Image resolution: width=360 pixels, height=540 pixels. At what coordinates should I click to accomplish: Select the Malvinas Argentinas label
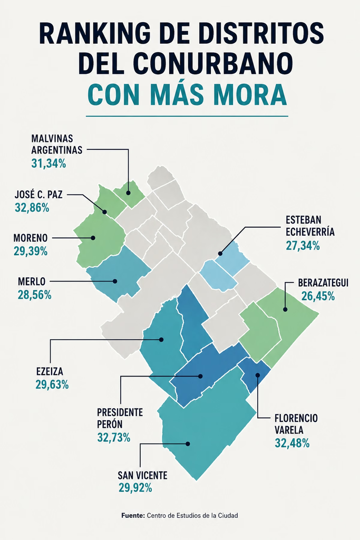tap(57, 144)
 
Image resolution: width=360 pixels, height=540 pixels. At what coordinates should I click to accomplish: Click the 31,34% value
tap(48, 163)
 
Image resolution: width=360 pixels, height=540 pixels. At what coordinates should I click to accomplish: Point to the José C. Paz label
tap(38, 195)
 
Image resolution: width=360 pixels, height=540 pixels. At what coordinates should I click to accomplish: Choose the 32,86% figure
tap(32, 208)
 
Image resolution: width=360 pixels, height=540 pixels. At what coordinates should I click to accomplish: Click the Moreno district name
tap(30, 238)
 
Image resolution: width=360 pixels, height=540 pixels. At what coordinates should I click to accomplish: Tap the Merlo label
tap(32, 282)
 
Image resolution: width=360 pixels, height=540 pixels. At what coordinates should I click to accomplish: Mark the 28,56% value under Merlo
tap(35, 295)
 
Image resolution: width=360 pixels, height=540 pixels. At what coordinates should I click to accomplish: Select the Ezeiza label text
tap(50, 372)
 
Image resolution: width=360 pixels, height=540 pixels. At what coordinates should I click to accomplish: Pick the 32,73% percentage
tap(114, 437)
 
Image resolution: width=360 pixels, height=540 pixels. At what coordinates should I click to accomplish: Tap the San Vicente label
tap(142, 476)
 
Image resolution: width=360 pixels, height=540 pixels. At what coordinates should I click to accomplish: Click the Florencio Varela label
tap(296, 425)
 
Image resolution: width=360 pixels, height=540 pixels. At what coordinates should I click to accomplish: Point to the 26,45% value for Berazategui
tap(318, 296)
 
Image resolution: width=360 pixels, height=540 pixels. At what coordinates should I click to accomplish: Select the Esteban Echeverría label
tap(310, 226)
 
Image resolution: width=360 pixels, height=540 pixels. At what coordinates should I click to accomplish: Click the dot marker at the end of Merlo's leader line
tap(115, 282)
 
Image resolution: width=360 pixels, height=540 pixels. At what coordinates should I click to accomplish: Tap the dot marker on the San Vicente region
tap(188, 444)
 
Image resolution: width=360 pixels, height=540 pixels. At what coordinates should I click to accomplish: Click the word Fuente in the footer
tap(133, 516)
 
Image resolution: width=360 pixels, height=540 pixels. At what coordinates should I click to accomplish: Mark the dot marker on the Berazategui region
tap(285, 309)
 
